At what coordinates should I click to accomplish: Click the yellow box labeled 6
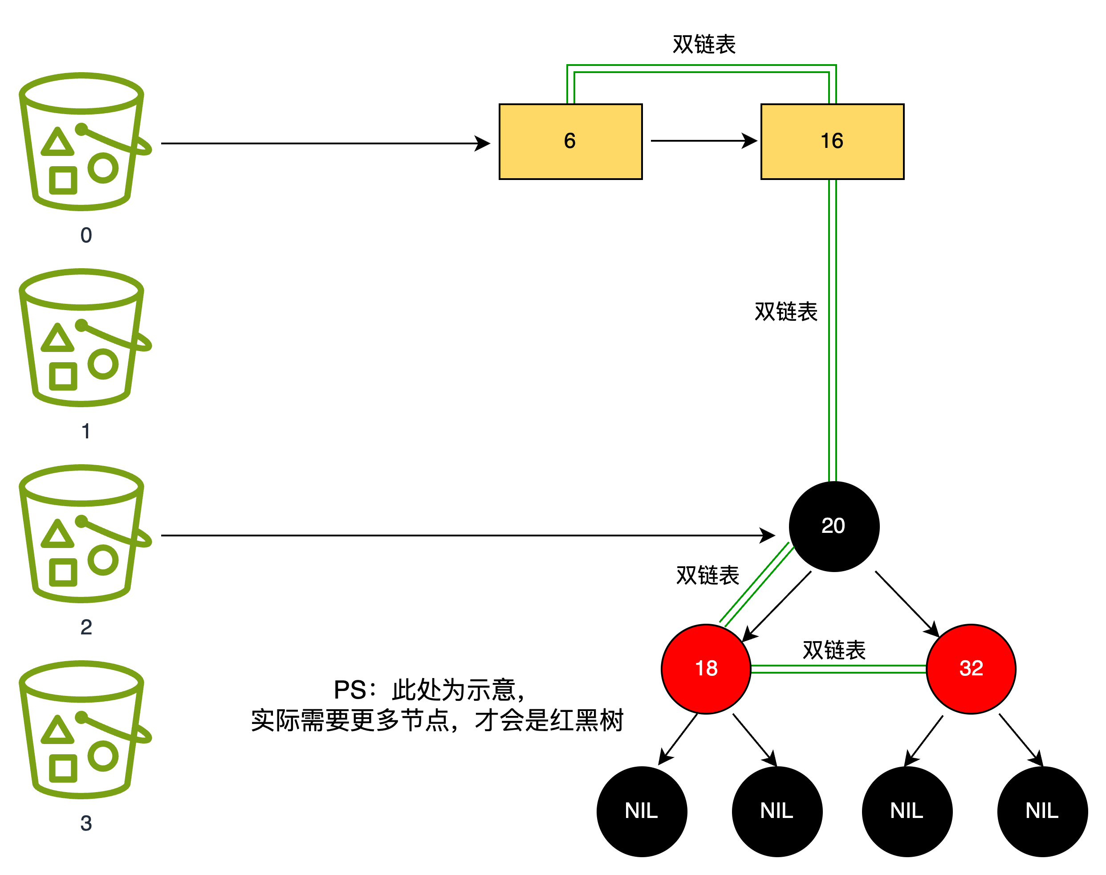coord(570,141)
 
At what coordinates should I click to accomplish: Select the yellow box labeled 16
coord(832,141)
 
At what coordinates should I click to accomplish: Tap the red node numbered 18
coord(706,669)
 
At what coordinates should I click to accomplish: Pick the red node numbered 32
coord(971,669)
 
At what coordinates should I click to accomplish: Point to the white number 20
coord(833,526)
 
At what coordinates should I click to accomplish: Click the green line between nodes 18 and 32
coord(838,669)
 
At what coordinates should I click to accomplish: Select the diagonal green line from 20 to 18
coord(757,585)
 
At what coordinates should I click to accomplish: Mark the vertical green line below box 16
coord(833,331)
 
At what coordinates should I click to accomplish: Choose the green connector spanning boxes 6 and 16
coord(702,69)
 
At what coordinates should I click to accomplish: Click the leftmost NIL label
coord(641,810)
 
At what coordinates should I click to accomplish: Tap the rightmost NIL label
coord(1041,810)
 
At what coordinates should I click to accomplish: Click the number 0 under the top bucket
coord(86,235)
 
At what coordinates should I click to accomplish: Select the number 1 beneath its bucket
coord(86,431)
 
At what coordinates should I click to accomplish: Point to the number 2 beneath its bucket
coord(86,627)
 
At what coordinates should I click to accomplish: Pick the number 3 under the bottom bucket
coord(86,823)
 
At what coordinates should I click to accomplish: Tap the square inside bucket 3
coord(63,769)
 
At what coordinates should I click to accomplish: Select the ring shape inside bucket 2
coord(103,560)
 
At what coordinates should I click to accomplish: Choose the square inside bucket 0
coord(63,180)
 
